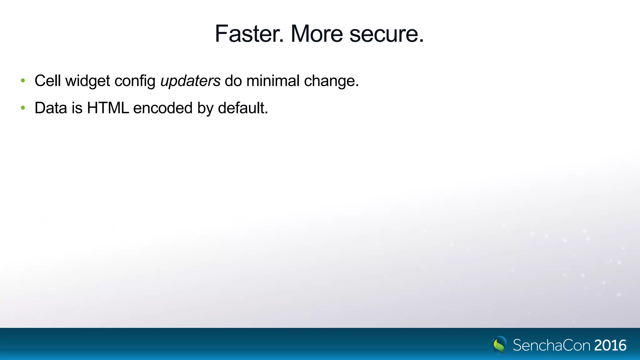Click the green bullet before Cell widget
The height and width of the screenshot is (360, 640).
tap(23, 81)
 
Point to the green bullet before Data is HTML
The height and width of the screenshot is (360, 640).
tap(23, 108)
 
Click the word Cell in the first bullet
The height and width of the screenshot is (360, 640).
tap(47, 81)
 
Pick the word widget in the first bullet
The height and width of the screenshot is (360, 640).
tap(87, 81)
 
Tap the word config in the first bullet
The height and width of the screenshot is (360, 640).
tap(135, 81)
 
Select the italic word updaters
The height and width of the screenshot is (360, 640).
tap(190, 81)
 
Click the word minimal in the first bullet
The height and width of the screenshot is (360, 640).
tap(273, 81)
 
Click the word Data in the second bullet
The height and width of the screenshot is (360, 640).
tap(51, 108)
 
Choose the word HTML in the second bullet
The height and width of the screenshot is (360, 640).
tap(108, 108)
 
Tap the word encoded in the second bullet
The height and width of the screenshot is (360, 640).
tap(163, 108)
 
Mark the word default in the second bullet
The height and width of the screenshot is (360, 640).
tap(242, 108)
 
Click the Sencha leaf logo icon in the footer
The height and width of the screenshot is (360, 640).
tap(499, 345)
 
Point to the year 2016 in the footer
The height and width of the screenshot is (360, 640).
tap(610, 345)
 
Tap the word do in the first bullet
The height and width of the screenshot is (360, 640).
tap(233, 81)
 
